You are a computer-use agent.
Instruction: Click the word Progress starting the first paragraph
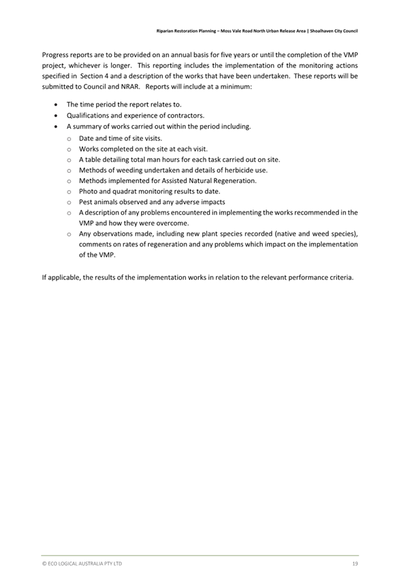(x=56, y=54)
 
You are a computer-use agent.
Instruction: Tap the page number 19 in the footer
(x=355, y=564)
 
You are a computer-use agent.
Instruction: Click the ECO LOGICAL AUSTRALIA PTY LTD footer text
(x=82, y=564)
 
